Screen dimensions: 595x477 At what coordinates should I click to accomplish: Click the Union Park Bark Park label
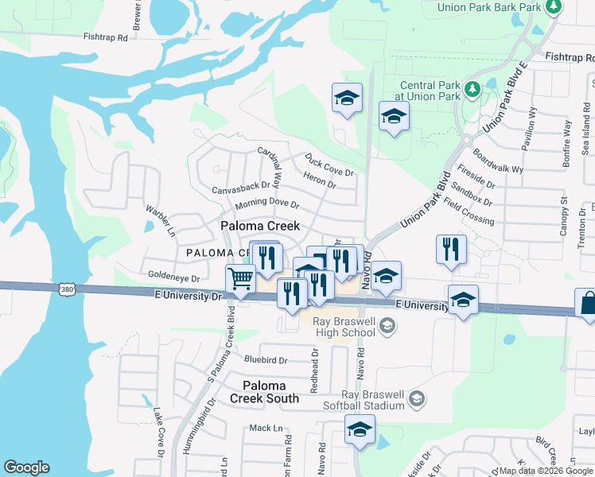pos(488,8)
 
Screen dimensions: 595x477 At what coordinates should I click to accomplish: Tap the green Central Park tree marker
pos(472,88)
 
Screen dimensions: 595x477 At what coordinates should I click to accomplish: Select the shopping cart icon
pos(240,279)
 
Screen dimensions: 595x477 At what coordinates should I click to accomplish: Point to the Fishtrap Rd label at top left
pos(107,37)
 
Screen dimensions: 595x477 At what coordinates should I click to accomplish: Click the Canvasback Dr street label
pos(241,188)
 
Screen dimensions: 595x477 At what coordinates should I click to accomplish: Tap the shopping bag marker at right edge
pos(586,304)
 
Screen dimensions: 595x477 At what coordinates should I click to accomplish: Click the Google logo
pos(26,467)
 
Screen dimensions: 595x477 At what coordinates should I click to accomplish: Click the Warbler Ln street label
pos(160,221)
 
